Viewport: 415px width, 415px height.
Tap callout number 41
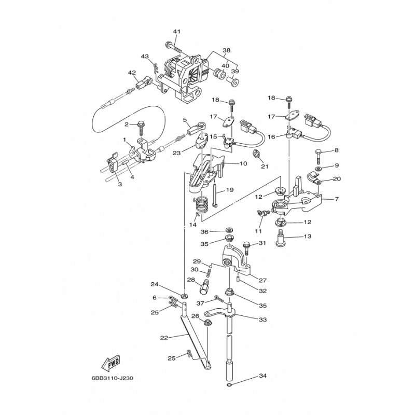[x=177, y=32]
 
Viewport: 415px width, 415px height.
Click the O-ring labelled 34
[x=230, y=385]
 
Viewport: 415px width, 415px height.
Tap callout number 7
[x=337, y=199]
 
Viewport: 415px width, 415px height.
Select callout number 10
[x=243, y=163]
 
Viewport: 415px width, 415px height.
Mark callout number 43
[x=145, y=56]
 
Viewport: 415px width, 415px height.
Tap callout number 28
[x=191, y=280]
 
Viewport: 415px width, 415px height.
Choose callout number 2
[x=126, y=124]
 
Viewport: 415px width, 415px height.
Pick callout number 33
[x=263, y=320]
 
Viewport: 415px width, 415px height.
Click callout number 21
[x=265, y=166]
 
